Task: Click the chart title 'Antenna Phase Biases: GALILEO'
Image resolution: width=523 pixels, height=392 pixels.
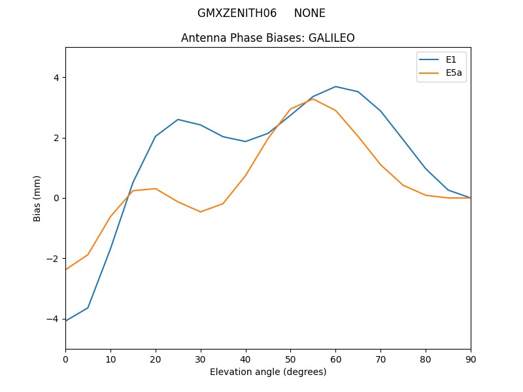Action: (x=268, y=38)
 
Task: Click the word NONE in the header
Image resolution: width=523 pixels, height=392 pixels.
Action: (x=310, y=13)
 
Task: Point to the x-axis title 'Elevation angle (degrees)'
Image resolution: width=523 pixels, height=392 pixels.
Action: (x=268, y=372)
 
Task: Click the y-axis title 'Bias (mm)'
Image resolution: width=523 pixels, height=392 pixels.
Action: (x=37, y=198)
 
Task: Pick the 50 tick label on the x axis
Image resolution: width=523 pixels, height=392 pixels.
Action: (x=290, y=359)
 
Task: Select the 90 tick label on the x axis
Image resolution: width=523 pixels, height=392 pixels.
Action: (x=471, y=359)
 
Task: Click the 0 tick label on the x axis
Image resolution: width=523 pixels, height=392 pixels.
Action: (x=65, y=359)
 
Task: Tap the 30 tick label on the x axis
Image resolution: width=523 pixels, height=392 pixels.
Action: (x=201, y=359)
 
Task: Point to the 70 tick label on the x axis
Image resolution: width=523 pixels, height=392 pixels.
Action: (x=380, y=359)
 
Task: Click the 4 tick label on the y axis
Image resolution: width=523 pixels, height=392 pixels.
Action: (x=56, y=78)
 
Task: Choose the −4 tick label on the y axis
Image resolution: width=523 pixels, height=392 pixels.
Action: (x=53, y=319)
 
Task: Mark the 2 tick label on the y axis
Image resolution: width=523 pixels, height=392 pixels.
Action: (x=56, y=138)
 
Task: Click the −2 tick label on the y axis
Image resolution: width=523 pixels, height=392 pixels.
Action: (x=53, y=259)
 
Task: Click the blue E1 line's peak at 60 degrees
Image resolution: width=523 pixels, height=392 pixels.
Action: (x=335, y=86)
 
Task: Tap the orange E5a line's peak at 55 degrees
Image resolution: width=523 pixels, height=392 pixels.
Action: (x=313, y=99)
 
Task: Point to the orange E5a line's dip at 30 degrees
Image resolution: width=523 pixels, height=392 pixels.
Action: (x=201, y=212)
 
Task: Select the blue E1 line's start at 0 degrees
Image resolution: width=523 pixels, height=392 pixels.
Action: (x=66, y=321)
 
